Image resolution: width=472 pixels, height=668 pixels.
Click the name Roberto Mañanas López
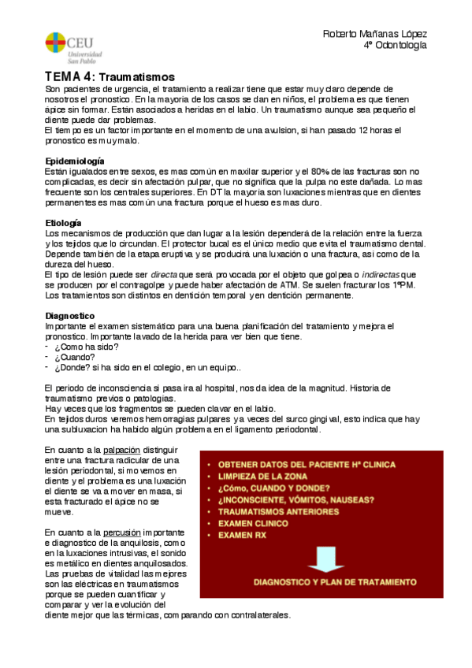point(375,35)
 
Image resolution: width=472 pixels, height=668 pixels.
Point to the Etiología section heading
point(64,224)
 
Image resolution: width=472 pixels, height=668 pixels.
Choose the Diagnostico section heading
point(71,316)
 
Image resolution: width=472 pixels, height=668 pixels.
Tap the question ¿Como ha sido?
point(86,347)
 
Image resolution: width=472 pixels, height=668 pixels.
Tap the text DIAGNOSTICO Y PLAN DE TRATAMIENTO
point(334,582)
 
